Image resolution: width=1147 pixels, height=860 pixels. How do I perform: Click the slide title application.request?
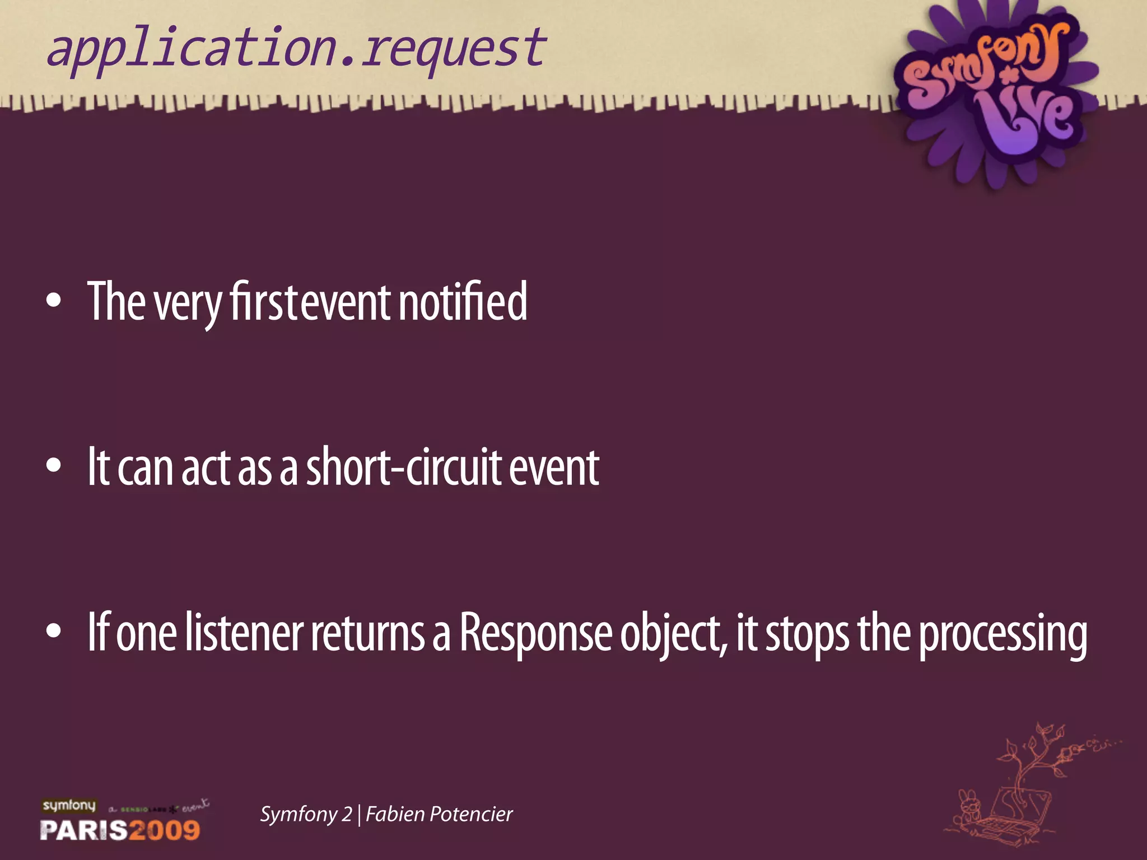pos(296,49)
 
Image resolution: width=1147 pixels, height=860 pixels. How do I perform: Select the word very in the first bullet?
pos(188,303)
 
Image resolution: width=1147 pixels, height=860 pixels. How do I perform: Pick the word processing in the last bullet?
pos(1003,634)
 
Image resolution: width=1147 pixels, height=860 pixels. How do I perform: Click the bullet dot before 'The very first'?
pos(54,301)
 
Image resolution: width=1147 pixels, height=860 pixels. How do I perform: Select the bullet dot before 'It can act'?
pos(54,466)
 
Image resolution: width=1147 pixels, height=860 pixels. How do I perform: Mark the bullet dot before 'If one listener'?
pos(54,631)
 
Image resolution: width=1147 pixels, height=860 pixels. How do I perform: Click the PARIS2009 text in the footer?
pos(120,829)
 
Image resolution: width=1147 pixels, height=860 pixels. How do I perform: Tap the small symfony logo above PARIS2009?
pos(69,805)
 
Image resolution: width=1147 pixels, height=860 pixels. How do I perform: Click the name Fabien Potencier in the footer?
pos(439,814)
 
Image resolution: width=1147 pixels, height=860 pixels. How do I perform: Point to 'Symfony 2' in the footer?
pos(306,814)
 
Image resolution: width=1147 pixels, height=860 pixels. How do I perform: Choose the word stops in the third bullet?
pos(807,634)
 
